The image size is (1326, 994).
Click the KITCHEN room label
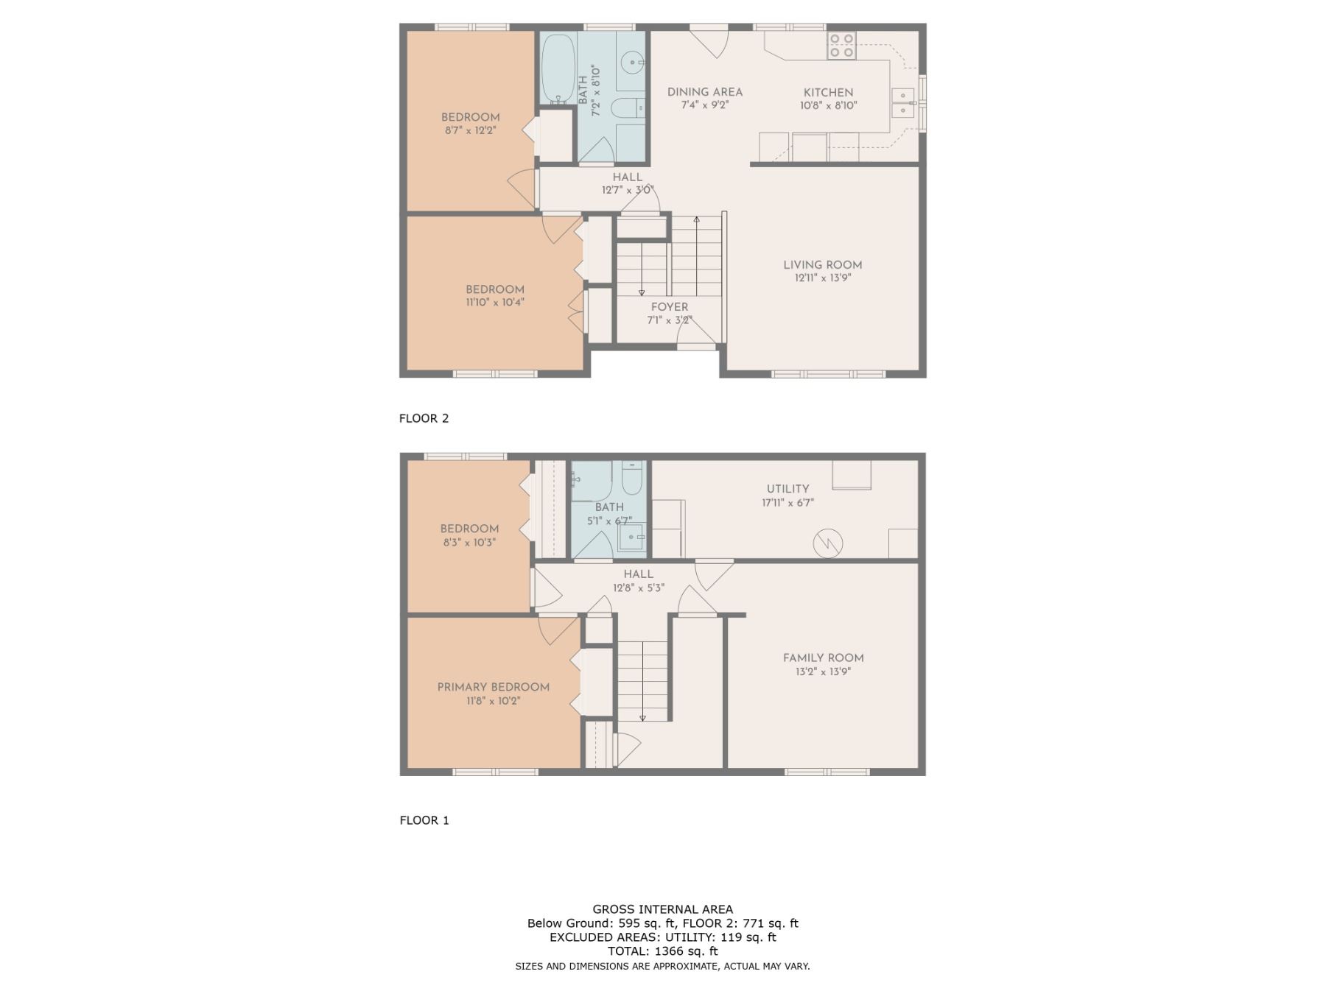tap(828, 93)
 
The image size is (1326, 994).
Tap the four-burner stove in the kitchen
tap(841, 46)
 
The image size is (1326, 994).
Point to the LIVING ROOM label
tap(822, 265)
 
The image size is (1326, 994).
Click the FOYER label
tap(670, 307)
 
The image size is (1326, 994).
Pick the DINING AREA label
tap(705, 92)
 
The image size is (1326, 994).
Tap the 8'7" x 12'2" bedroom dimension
tap(470, 130)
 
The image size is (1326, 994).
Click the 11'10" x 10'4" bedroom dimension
tap(495, 302)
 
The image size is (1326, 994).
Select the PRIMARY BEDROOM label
tap(494, 687)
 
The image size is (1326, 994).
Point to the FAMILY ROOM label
tap(824, 658)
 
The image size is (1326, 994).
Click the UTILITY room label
tap(787, 489)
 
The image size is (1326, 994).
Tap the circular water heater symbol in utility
tap(828, 543)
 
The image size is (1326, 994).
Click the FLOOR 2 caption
tap(424, 418)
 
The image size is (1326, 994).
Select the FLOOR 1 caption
tap(424, 820)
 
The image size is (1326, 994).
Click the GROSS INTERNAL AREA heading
tap(663, 909)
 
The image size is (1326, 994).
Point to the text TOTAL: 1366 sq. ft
tap(663, 951)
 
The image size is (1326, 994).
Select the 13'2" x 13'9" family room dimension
tap(824, 672)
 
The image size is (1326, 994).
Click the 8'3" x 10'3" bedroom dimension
tap(469, 542)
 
